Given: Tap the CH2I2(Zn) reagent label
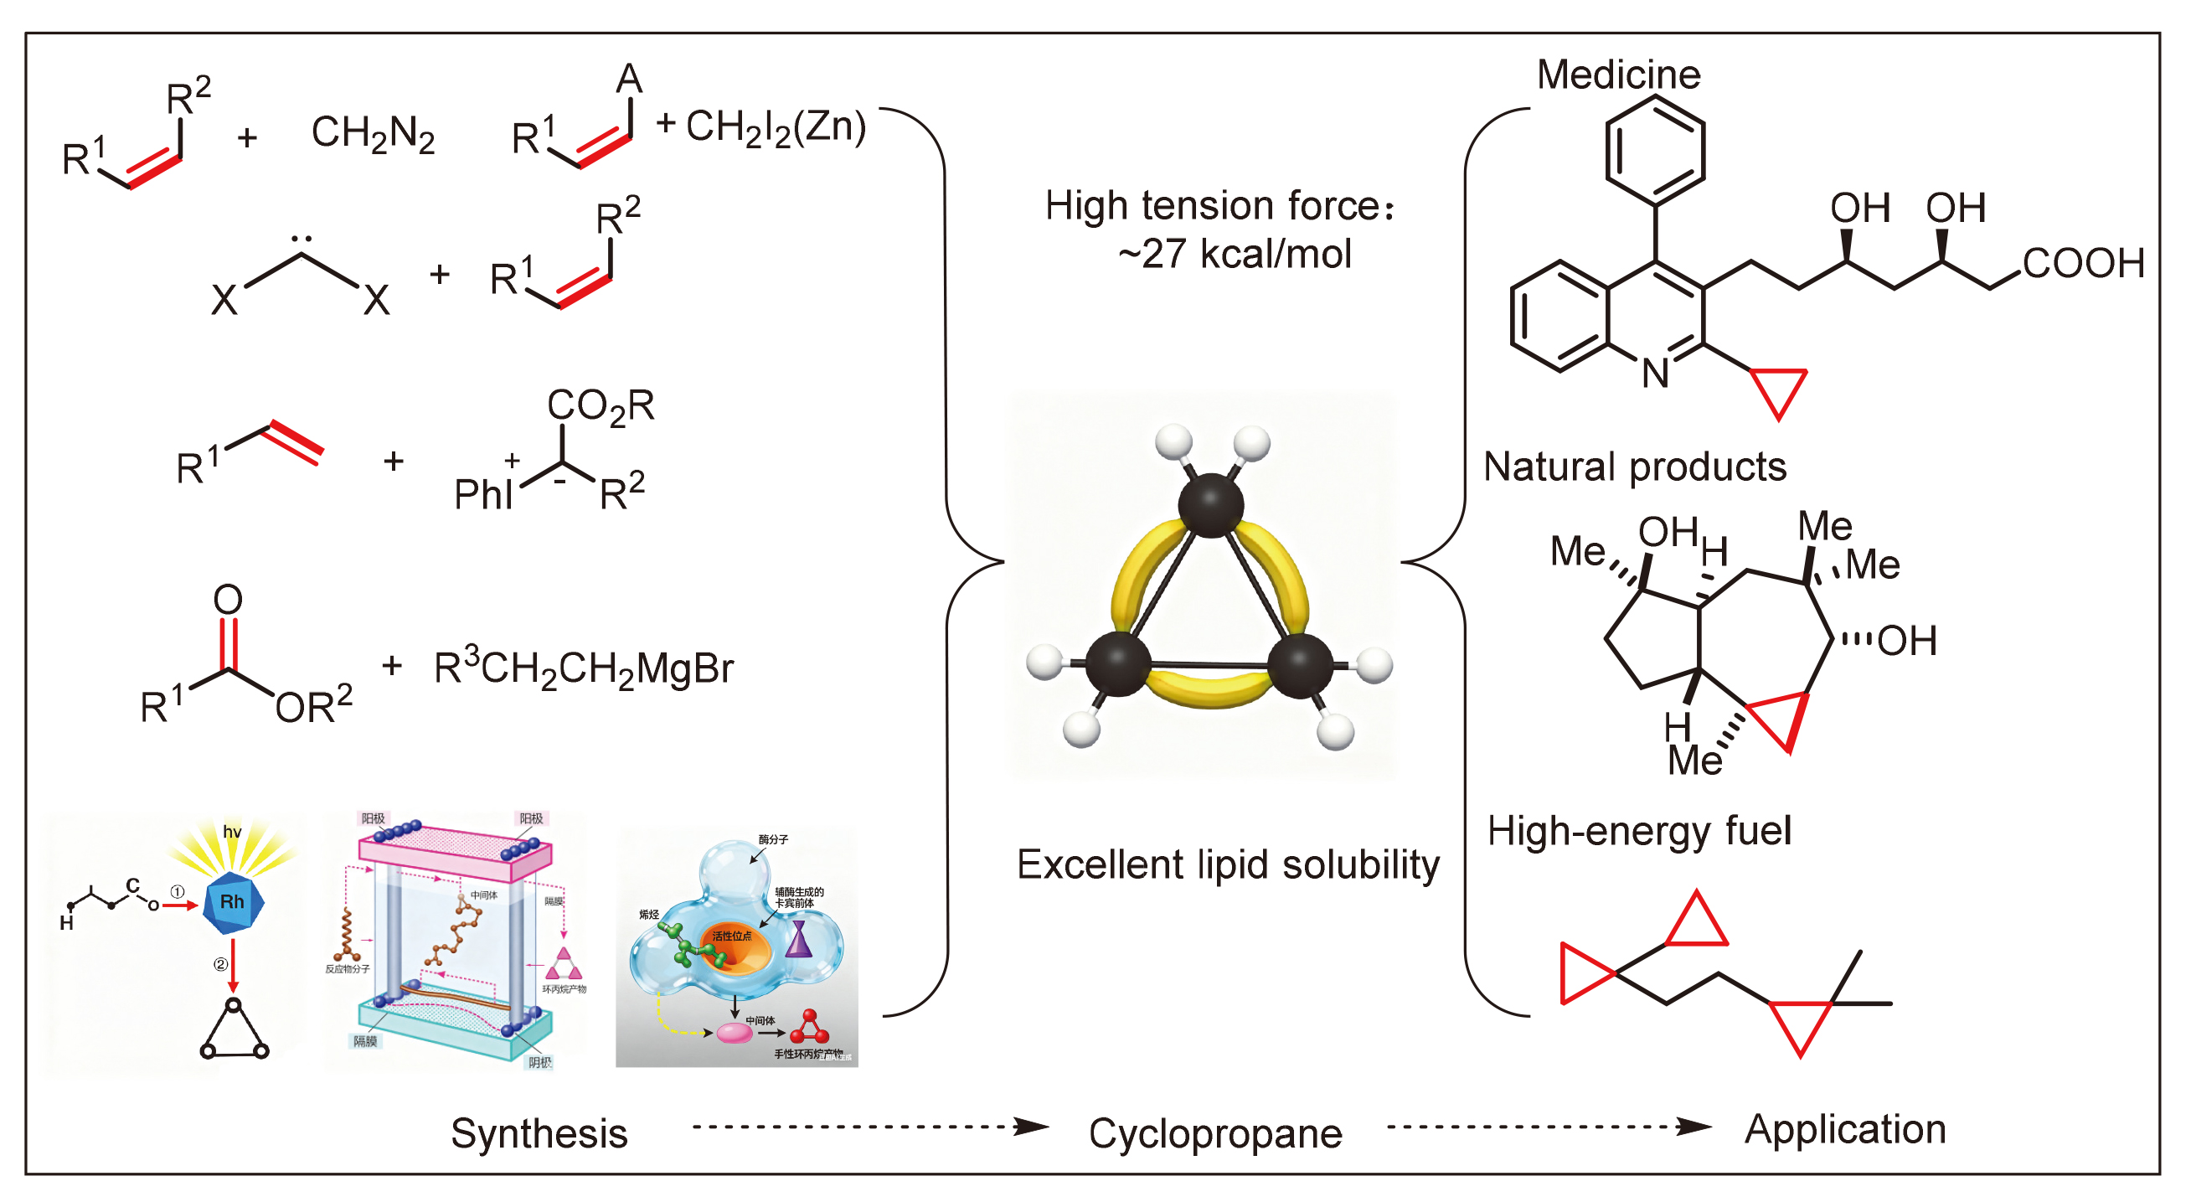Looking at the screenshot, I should click(x=775, y=127).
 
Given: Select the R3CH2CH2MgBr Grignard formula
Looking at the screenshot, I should click(x=583, y=668).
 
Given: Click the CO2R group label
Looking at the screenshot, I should click(x=600, y=405).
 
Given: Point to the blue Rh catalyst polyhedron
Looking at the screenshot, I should click(x=232, y=902).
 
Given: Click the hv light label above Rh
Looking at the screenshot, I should click(x=231, y=832).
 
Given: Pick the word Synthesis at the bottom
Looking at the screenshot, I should click(x=539, y=1133).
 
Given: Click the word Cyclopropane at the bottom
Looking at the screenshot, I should click(x=1214, y=1133).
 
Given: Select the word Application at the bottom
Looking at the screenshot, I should click(x=1845, y=1129).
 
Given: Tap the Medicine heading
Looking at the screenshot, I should click(x=1618, y=75).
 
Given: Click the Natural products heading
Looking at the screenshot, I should click(x=1634, y=467).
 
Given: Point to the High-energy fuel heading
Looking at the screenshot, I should click(x=1638, y=830).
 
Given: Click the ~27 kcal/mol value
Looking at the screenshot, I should click(x=1235, y=254).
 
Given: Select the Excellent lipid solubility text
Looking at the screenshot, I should click(x=1227, y=864).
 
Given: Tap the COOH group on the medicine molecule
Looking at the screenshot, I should click(x=2083, y=263).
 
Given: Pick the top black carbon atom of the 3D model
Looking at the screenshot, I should click(x=1210, y=505).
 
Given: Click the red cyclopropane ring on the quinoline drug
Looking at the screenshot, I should click(x=1778, y=388).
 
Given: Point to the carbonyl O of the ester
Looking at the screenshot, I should click(x=228, y=600).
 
